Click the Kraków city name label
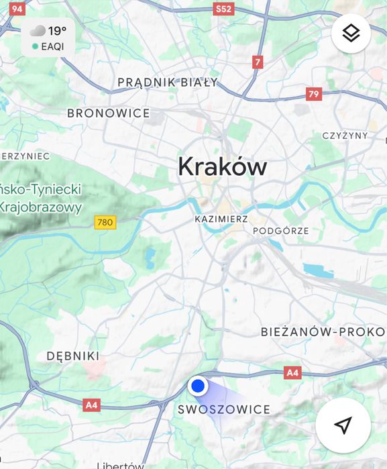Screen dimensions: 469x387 point(222,166)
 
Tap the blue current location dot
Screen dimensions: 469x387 point(197,386)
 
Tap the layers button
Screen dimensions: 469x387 point(351,33)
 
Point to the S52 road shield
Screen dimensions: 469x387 point(223,9)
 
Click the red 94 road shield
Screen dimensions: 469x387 point(17,9)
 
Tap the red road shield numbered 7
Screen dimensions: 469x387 point(258,62)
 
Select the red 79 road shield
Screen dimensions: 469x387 point(313,94)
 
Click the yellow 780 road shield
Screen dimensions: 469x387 point(105,222)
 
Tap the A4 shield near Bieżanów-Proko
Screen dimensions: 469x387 point(292,372)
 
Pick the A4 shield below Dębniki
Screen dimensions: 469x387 point(92,405)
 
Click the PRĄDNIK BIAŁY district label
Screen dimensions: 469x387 point(168,83)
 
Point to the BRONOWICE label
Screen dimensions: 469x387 point(108,113)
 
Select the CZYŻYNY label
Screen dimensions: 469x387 point(345,136)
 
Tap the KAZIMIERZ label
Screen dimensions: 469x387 point(221,219)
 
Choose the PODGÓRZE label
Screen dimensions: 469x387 point(281,231)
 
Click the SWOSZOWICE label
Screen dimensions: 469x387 point(224,409)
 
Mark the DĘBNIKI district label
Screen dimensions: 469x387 point(72,356)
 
